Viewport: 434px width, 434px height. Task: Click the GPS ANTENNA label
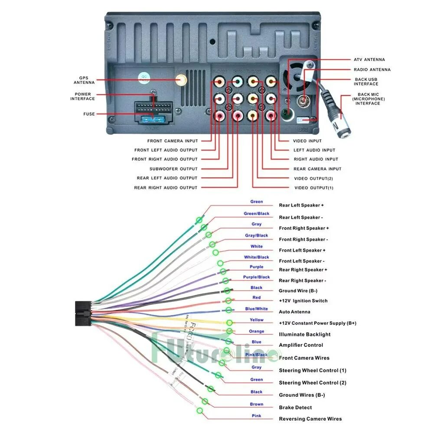(84, 80)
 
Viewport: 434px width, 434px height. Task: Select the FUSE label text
(89, 114)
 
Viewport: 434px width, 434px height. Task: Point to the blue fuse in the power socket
(153, 120)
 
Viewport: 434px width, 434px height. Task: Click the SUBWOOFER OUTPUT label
(173, 169)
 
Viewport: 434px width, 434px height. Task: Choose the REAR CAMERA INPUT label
(317, 169)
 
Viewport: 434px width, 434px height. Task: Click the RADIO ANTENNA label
(372, 69)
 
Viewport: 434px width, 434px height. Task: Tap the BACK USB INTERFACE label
(366, 82)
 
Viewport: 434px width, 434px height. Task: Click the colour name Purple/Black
(256, 277)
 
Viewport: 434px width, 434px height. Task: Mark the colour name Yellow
(256, 320)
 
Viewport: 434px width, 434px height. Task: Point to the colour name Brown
(256, 404)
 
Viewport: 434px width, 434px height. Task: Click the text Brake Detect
(295, 408)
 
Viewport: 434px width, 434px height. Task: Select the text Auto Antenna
(294, 312)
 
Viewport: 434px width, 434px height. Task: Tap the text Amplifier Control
(301, 345)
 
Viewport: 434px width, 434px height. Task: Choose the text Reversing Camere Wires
(310, 419)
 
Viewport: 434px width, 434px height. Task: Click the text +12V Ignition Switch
(303, 301)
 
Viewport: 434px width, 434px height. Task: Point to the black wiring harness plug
(84, 313)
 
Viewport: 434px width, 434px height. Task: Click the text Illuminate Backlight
(304, 334)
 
